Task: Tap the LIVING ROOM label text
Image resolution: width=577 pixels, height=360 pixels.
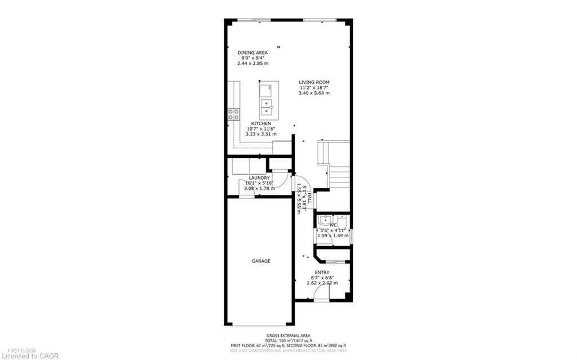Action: click(x=314, y=82)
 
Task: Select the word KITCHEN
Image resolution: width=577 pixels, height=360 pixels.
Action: click(x=261, y=123)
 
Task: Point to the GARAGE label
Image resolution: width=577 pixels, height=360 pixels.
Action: click(x=261, y=261)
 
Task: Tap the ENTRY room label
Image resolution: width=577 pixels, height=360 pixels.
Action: click(x=322, y=272)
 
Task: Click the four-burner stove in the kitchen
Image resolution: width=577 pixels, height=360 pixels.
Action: click(x=233, y=115)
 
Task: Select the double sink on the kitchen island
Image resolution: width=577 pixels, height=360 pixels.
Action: click(x=266, y=105)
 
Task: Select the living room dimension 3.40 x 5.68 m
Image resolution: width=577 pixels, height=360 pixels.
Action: click(x=314, y=93)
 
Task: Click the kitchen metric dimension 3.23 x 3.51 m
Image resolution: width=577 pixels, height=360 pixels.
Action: click(x=261, y=134)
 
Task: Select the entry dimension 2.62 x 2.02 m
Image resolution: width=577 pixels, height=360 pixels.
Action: click(x=322, y=283)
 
